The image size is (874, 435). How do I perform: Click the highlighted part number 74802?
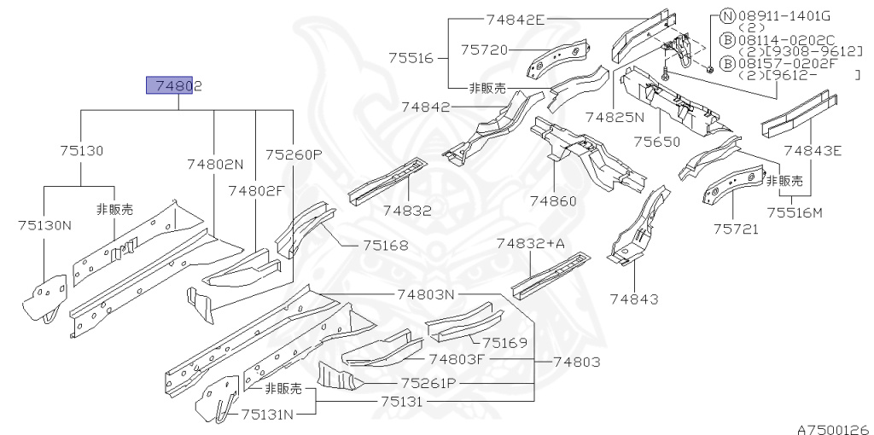178,85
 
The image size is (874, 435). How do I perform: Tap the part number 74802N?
215,164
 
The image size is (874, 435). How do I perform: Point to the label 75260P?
294,154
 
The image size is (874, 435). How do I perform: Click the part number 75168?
385,246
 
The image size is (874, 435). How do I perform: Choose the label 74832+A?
531,244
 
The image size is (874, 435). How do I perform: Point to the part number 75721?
737,229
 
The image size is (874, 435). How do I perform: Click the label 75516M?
794,212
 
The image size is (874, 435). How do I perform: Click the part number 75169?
504,343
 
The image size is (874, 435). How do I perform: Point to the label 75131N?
267,415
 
